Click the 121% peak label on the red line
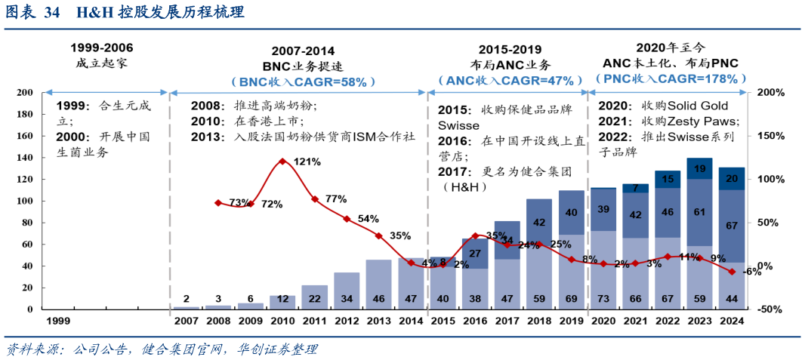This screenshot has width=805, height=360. (x=308, y=162)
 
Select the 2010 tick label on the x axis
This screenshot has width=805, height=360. (x=282, y=321)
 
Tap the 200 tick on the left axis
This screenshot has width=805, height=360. (x=24, y=92)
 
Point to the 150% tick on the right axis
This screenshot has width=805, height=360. (x=771, y=136)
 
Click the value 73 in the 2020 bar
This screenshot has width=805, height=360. (x=603, y=300)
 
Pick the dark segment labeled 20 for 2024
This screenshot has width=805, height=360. (x=731, y=179)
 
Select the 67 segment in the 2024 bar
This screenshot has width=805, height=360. (x=731, y=226)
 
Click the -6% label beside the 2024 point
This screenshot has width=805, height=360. (x=751, y=272)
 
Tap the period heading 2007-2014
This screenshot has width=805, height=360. (x=303, y=51)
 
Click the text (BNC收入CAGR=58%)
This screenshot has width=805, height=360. (x=303, y=81)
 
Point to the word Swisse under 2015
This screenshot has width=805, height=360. (x=459, y=125)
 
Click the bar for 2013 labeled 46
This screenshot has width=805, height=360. (x=378, y=285)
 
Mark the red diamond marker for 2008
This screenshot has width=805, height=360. (x=218, y=203)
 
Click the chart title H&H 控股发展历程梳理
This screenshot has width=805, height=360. (x=159, y=13)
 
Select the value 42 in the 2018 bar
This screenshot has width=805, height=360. (x=539, y=223)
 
